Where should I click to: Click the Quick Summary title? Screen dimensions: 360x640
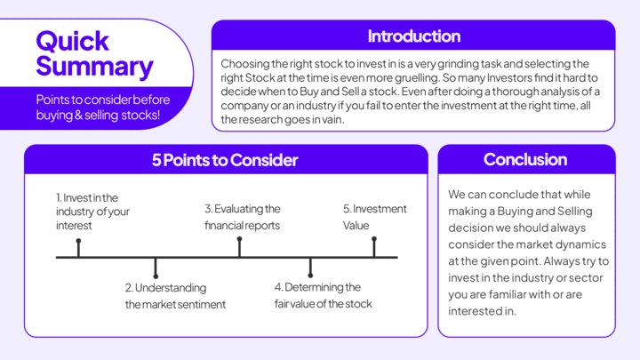93,53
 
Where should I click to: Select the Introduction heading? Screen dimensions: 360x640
413,36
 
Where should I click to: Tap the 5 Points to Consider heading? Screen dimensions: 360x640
224,160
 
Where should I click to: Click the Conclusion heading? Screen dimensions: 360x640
524,160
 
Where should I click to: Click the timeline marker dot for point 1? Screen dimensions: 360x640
78,240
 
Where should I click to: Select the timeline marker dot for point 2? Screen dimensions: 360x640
156,276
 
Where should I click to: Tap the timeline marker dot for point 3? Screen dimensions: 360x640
239,240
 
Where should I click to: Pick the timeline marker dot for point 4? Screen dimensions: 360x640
310,276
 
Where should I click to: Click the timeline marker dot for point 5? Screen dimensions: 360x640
374,240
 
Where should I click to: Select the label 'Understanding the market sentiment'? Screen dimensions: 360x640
174,296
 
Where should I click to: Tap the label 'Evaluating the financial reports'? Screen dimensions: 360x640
242,217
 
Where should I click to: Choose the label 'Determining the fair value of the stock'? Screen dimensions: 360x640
323,295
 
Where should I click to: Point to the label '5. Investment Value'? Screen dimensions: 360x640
374,217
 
